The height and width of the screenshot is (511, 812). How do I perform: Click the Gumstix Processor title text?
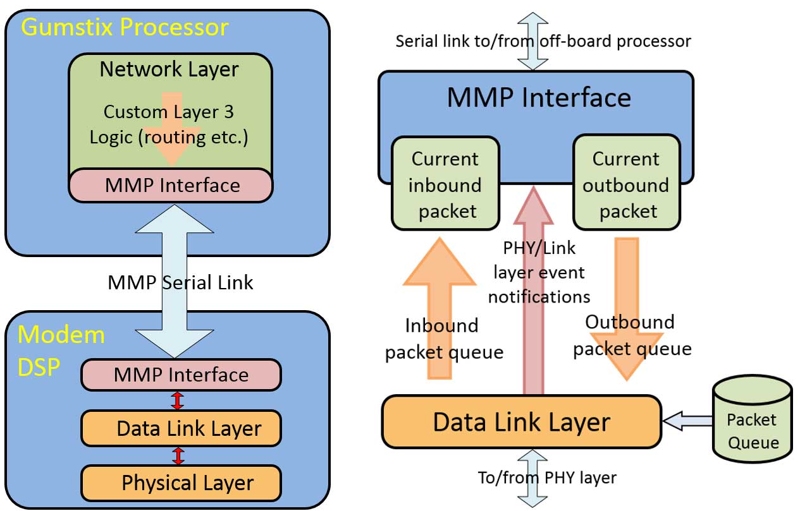pos(125,27)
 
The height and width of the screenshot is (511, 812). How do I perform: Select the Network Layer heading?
pos(169,69)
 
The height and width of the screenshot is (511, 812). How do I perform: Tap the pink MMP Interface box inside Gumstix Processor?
pos(171,185)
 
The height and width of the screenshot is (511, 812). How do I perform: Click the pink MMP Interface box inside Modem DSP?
pos(181,375)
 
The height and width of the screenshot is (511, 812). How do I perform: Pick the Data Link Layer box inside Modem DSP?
pos(181,429)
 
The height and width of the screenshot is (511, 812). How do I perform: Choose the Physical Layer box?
pos(181,483)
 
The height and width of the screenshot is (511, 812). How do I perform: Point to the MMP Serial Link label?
pos(180,282)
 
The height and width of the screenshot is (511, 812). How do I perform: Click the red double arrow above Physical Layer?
pos(178,456)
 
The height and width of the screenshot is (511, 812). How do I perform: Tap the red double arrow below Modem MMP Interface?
pos(178,401)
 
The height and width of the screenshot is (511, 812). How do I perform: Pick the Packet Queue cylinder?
pos(752,420)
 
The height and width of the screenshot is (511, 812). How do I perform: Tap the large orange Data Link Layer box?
pos(521,422)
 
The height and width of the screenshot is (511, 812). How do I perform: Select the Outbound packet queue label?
pos(631,335)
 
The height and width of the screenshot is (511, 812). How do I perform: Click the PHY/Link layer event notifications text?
pos(539,272)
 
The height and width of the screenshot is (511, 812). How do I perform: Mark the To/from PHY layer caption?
pos(547,478)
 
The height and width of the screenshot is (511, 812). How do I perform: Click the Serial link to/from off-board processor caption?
pos(543,41)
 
